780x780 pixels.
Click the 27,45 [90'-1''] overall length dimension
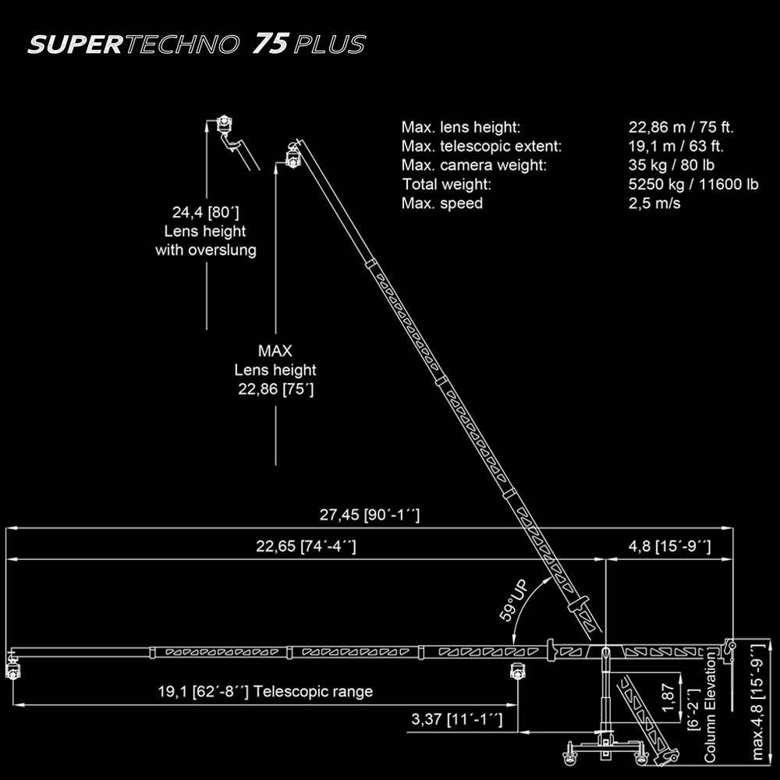coord(370,515)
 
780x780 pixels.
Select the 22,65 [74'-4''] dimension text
coord(306,546)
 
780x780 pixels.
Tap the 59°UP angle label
coord(514,601)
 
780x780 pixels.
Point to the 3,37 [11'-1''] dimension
coord(456,719)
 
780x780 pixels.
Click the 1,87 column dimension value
coord(668,697)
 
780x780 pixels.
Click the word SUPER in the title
coord(76,44)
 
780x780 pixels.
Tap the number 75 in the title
coord(271,43)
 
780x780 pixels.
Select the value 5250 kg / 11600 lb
coord(693,184)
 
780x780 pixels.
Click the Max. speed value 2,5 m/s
coord(654,203)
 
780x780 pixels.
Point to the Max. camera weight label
coord(474,165)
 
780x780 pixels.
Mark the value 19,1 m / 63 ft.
coord(676,147)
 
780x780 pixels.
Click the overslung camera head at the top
coord(225,123)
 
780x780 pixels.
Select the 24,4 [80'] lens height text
coord(205,212)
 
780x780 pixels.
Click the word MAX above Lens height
coord(275,351)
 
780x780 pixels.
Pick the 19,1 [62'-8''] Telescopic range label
coord(265,691)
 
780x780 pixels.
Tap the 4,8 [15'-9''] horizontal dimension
coord(669,546)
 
